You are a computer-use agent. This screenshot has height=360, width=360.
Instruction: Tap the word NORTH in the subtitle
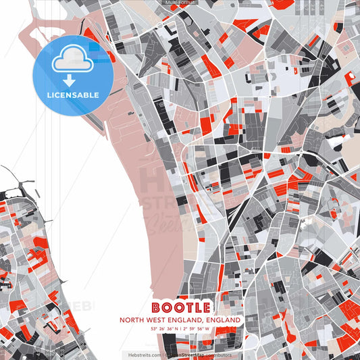pyautogui.click(x=132, y=319)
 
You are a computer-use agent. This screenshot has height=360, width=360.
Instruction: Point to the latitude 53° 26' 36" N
pyautogui.click(x=162, y=329)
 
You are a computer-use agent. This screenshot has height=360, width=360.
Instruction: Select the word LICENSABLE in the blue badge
pyautogui.click(x=72, y=95)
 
